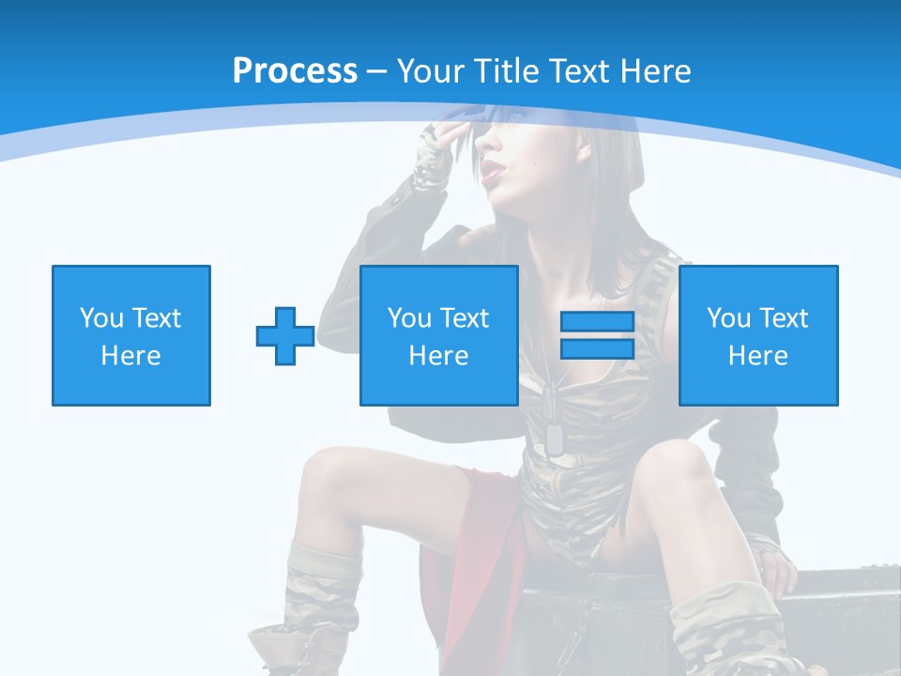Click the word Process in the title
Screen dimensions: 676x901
click(295, 71)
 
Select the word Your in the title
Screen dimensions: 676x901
click(433, 71)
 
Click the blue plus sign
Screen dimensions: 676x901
click(285, 336)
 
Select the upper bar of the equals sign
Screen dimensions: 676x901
click(597, 321)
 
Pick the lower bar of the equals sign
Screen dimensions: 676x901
click(597, 349)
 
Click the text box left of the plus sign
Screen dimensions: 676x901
click(131, 335)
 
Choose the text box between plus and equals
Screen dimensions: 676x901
click(439, 335)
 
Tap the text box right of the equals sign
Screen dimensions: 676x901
click(758, 335)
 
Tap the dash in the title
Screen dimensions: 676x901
click(376, 71)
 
